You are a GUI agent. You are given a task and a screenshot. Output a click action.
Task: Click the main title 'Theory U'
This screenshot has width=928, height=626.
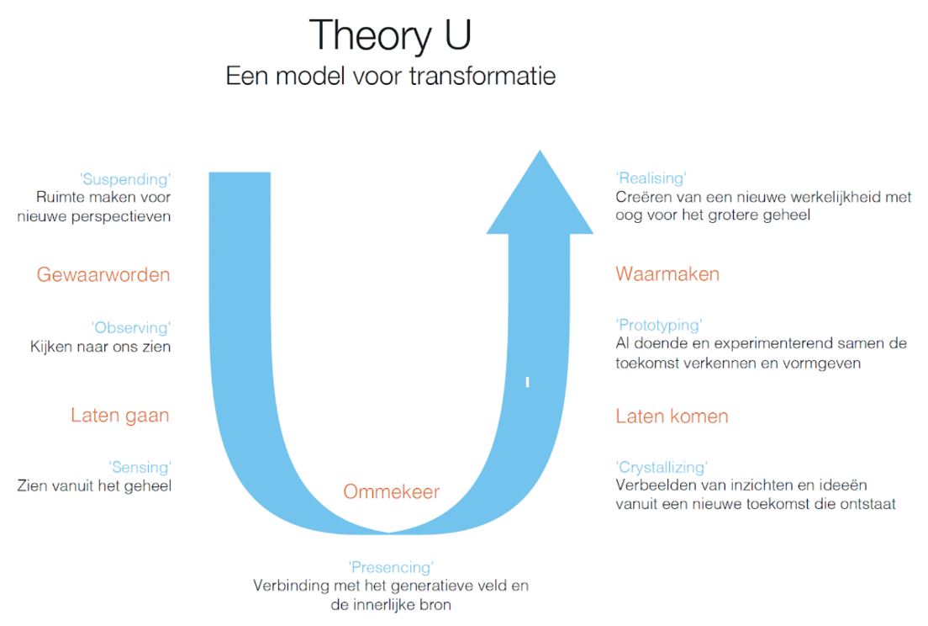(x=390, y=35)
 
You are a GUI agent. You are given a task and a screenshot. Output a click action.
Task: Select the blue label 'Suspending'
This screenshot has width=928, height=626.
(x=125, y=179)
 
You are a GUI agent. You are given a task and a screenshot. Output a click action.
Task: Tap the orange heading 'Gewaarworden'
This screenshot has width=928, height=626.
(x=103, y=275)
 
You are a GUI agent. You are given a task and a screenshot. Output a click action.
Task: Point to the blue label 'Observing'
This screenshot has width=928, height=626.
(x=131, y=328)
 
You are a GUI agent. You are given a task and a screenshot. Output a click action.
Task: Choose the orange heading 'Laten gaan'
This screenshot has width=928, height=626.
(x=120, y=416)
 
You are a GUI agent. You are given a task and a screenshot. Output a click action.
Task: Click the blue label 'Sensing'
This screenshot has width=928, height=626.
(x=140, y=467)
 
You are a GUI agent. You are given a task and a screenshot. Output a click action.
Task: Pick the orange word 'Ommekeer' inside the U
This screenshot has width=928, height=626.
(x=391, y=491)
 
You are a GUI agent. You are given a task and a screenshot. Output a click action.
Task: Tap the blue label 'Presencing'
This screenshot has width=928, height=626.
(x=391, y=568)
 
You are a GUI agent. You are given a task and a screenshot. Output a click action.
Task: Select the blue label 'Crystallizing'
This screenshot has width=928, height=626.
(x=662, y=468)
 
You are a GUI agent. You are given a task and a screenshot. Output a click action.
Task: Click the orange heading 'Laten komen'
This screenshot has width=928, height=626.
(x=672, y=416)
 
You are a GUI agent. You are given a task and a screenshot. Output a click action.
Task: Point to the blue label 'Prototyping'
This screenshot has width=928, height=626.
(x=659, y=326)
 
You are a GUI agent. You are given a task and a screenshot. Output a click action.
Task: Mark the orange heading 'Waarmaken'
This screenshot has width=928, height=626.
(x=667, y=274)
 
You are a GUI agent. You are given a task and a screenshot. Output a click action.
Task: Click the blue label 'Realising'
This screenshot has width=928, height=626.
(x=651, y=178)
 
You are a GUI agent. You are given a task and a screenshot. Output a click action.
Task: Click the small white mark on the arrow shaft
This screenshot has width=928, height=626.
(x=527, y=383)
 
